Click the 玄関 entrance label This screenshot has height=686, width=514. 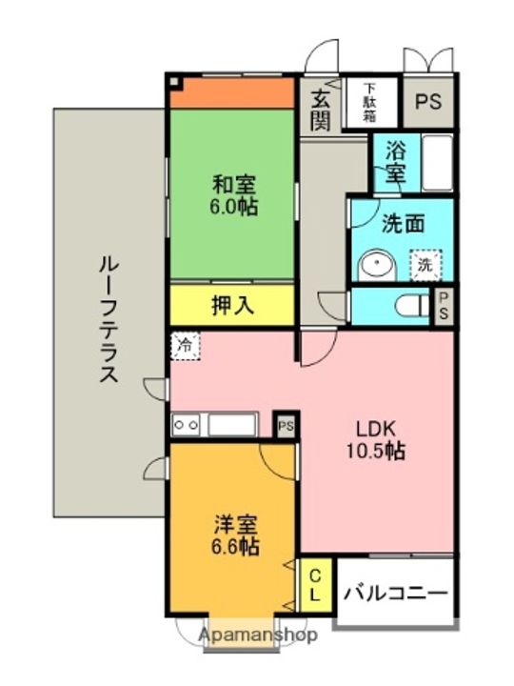tap(321, 112)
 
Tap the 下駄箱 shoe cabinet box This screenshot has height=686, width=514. tap(370, 103)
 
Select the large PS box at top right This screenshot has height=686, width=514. tap(428, 102)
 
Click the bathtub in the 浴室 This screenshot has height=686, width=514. tap(437, 163)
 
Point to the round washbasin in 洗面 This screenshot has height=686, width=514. tap(377, 266)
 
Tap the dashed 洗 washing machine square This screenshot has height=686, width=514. tap(425, 265)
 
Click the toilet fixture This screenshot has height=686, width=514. tap(413, 306)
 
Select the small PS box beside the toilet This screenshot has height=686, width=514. tap(444, 306)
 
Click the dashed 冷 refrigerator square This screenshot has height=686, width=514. tap(186, 346)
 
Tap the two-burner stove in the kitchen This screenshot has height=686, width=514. tap(186, 424)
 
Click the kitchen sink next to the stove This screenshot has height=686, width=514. tap(231, 424)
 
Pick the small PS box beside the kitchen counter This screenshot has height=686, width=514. tap(286, 425)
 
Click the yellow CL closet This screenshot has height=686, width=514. tap(316, 585)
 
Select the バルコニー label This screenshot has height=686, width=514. tap(396, 594)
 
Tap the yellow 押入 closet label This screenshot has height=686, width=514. tap(232, 305)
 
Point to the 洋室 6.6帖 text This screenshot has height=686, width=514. tap(235, 535)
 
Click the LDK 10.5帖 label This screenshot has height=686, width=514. tap(376, 440)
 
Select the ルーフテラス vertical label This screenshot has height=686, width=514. tap(109, 320)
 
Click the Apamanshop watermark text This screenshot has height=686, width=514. tap(258, 635)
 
